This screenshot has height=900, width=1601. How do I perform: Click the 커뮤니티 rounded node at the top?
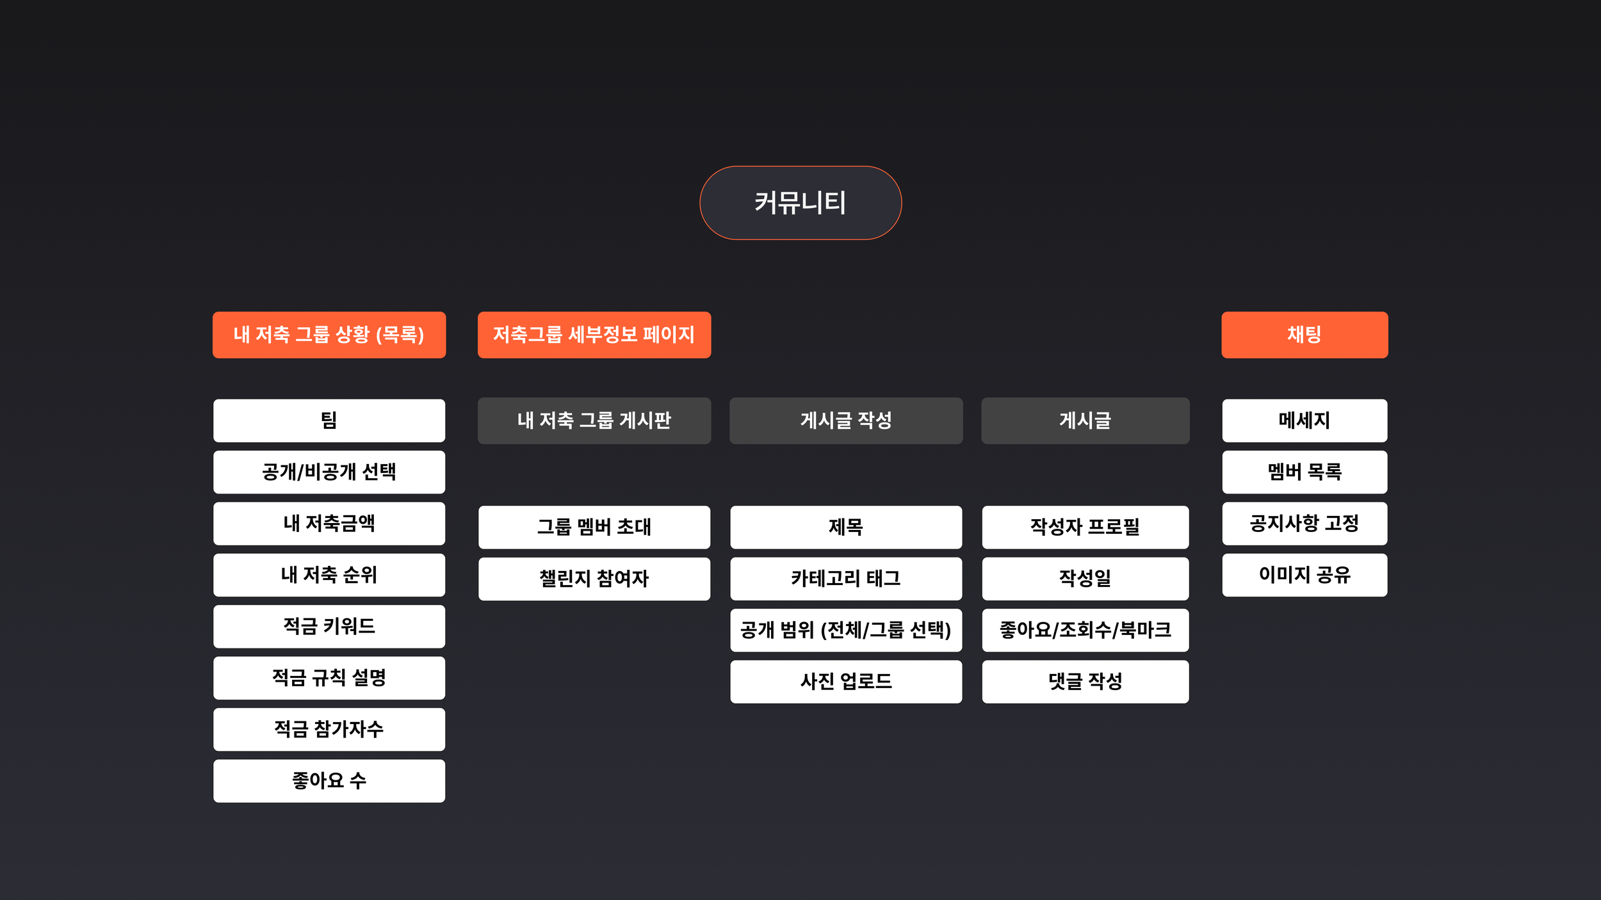(800, 203)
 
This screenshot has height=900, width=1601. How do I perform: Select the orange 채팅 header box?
(1304, 335)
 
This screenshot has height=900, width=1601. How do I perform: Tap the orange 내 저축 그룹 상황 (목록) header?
(329, 335)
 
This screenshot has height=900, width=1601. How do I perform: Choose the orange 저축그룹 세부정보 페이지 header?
(594, 335)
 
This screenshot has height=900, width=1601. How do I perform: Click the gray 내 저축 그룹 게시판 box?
(594, 421)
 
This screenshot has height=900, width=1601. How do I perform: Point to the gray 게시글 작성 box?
(846, 421)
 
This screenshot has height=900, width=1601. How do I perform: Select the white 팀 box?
(329, 421)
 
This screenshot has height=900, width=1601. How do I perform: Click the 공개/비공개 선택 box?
(329, 472)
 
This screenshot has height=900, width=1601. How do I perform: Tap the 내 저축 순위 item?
(329, 575)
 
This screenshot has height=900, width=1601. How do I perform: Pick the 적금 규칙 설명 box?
(329, 678)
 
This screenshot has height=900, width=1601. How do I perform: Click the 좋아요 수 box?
(329, 781)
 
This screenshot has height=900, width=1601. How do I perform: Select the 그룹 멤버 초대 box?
(594, 527)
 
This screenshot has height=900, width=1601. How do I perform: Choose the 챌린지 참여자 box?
(594, 579)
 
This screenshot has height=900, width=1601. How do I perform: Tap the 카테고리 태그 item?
(846, 579)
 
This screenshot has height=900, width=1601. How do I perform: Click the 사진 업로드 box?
(846, 682)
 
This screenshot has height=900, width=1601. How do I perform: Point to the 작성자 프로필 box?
(1085, 527)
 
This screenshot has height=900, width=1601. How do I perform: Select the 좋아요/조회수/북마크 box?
(1085, 630)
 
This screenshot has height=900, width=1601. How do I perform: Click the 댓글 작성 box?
(1085, 682)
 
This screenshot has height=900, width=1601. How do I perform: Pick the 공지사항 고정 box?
(1304, 524)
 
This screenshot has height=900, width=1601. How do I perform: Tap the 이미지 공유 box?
(1304, 575)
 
